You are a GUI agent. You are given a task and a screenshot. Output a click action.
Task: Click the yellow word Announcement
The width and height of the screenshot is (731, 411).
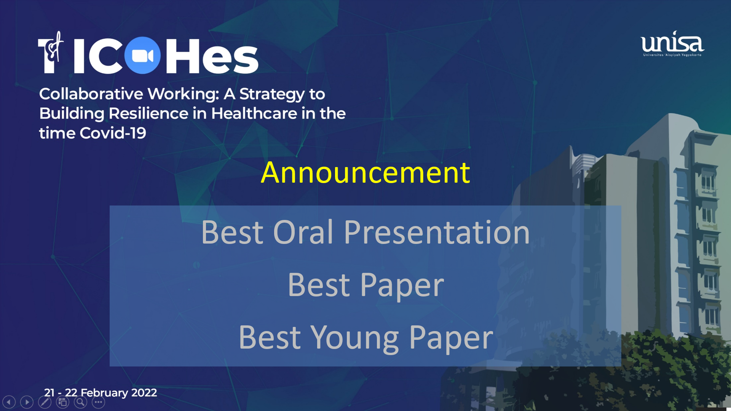[x=365, y=172]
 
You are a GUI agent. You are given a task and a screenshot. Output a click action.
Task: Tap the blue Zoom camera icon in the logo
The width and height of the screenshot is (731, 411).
[x=142, y=56]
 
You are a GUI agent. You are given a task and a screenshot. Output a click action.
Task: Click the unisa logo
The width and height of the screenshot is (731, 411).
[x=672, y=44]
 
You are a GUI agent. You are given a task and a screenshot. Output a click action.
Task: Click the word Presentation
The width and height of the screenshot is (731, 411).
[x=437, y=232]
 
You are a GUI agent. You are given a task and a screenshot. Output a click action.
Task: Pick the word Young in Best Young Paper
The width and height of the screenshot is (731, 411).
[x=354, y=338]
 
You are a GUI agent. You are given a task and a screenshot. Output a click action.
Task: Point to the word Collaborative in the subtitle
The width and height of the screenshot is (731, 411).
[x=91, y=94]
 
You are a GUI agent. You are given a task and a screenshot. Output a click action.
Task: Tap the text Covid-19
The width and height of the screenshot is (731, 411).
[x=113, y=133]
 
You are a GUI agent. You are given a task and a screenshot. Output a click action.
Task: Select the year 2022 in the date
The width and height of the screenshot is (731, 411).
[x=144, y=392]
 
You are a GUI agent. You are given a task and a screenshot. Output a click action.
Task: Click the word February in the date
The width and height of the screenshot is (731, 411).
[x=104, y=393]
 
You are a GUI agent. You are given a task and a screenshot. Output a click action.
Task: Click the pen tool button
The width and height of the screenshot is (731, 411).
[x=45, y=402]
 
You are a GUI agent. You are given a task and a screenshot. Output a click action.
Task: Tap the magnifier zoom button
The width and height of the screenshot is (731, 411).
[x=80, y=402]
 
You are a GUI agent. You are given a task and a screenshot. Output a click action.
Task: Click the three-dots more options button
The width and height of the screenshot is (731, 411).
[x=98, y=402]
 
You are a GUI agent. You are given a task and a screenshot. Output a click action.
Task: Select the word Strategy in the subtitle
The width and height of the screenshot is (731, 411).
[x=272, y=94]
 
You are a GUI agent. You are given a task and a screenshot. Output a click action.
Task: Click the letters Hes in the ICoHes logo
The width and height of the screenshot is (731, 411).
[x=212, y=56]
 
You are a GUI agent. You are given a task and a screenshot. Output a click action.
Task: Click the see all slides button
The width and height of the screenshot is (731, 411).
[x=62, y=402]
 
